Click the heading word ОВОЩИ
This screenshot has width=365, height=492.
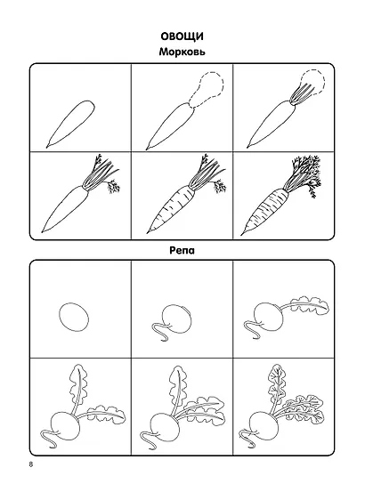(182, 36)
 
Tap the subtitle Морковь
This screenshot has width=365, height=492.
(182, 52)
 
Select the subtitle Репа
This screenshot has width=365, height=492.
(182, 250)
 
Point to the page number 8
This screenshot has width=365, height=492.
(31, 464)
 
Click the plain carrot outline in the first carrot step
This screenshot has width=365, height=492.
(71, 125)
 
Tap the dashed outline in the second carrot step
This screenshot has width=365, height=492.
(208, 86)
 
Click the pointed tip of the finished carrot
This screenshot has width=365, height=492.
(241, 235)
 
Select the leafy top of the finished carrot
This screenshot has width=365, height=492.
(303, 174)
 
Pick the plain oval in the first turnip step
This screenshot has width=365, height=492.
(73, 317)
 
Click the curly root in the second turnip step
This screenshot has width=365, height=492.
(160, 332)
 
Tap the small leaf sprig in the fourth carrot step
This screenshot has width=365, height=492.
(114, 187)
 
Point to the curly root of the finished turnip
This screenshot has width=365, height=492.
(247, 437)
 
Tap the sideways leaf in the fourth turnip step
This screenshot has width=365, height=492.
(106, 415)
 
